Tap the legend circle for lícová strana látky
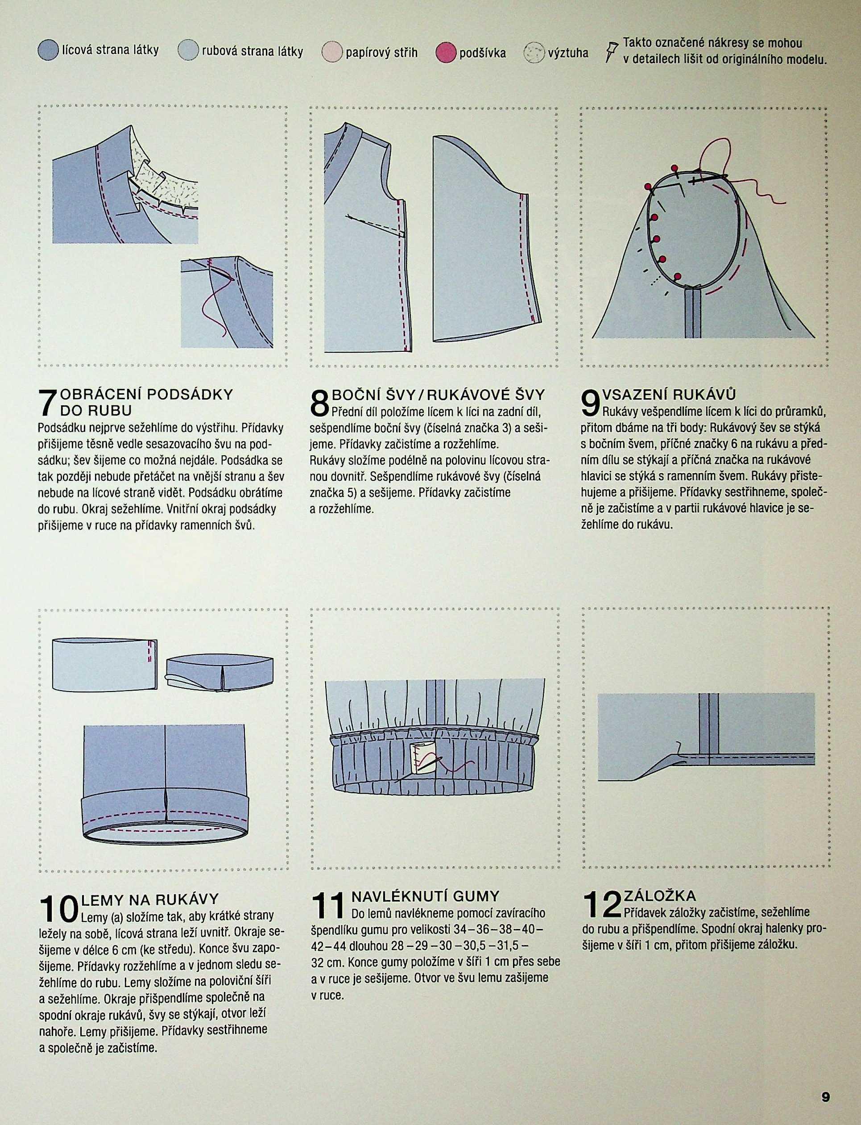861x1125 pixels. click(x=48, y=51)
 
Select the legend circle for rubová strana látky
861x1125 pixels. click(x=188, y=51)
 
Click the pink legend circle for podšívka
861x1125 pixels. click(x=446, y=52)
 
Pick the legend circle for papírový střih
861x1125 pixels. click(x=331, y=52)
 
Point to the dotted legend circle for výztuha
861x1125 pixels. click(x=534, y=52)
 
